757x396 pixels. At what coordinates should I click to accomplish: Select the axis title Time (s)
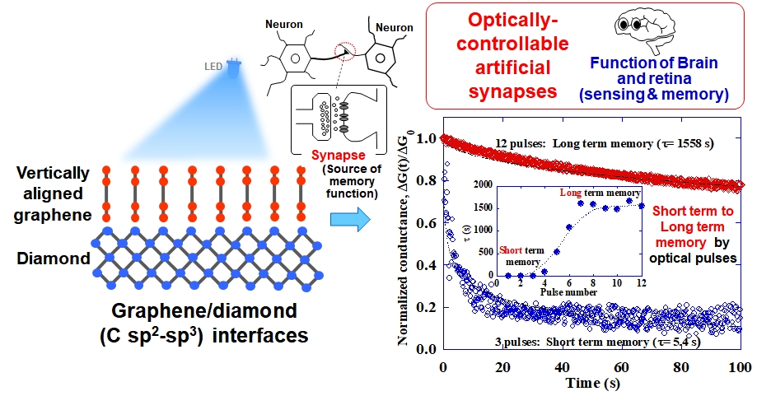coord(591,384)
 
